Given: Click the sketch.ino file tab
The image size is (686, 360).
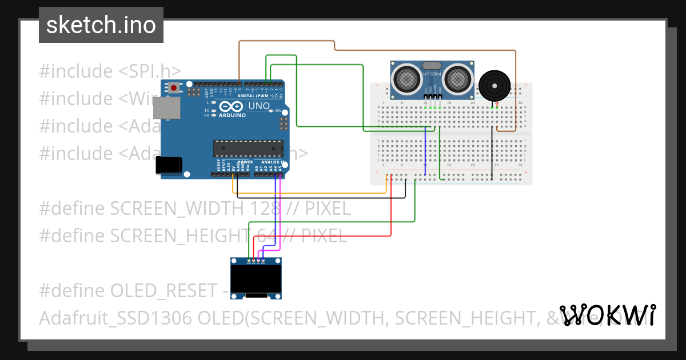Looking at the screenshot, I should (x=101, y=25).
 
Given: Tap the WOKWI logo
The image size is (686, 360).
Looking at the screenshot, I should (x=607, y=315).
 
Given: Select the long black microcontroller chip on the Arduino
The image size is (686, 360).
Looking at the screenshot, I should (x=248, y=148).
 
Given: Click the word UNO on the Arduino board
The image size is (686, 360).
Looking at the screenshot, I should (x=258, y=106).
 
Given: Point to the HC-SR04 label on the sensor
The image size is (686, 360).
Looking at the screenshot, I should (x=433, y=74).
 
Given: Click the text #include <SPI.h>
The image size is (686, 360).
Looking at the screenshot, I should (x=110, y=71).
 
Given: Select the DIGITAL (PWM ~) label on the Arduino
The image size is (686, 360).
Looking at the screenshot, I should (x=259, y=95).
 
